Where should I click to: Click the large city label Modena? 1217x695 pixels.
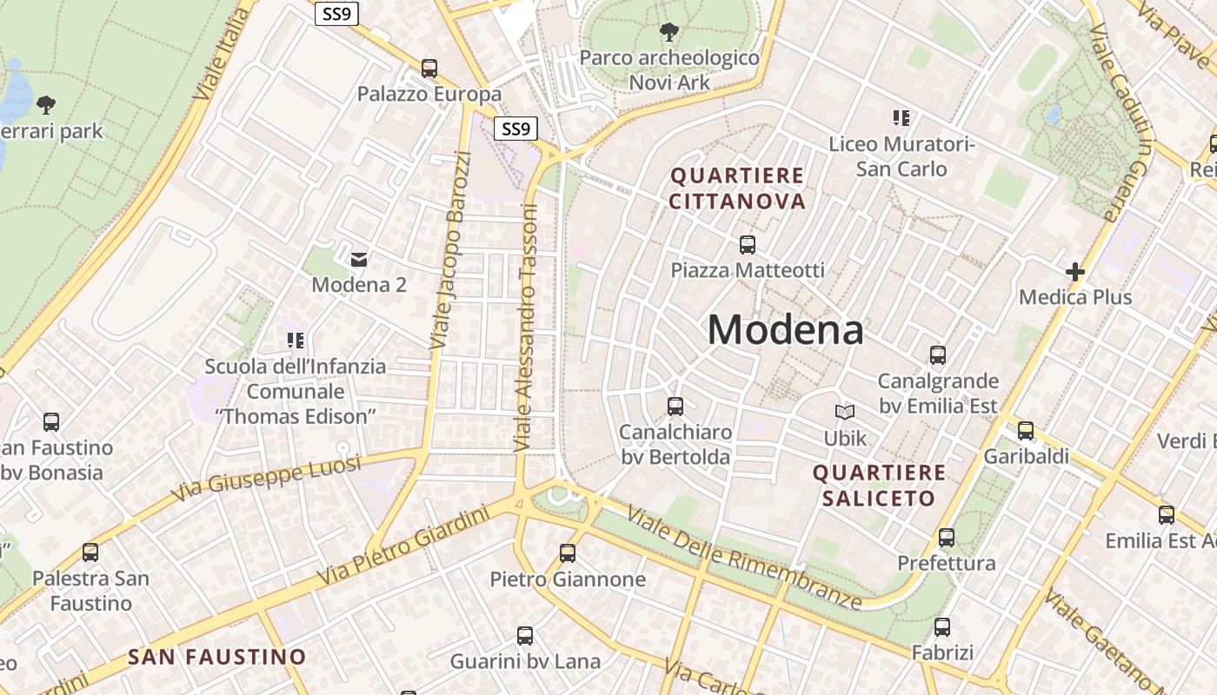[x=785, y=330]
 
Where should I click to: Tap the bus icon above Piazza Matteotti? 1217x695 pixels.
[x=748, y=245]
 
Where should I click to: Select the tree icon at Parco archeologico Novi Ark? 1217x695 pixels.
[x=669, y=33]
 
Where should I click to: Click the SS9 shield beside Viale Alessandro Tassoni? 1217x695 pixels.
[x=515, y=129]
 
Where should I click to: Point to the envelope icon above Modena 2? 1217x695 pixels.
[x=358, y=259]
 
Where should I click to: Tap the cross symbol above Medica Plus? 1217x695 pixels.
[x=1075, y=272]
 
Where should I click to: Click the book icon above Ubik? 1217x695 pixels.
[x=845, y=413]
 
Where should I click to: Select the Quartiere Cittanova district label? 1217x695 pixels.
[x=737, y=189]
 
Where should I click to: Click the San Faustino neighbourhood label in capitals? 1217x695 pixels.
[x=217, y=657]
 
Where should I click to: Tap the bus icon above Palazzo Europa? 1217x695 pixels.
[x=429, y=69]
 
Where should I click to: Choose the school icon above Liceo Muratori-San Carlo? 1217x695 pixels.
[x=901, y=118]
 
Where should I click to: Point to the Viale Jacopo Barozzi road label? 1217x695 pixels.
[x=451, y=250]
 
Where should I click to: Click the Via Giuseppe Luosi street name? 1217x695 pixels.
[x=266, y=478]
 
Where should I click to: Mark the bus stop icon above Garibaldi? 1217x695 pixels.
[x=1026, y=431]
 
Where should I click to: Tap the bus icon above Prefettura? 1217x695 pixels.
[x=947, y=538]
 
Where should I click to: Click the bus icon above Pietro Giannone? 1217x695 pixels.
[x=568, y=553]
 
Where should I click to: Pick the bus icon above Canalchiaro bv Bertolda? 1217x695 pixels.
[x=675, y=407]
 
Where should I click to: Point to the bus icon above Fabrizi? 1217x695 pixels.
[x=942, y=627]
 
